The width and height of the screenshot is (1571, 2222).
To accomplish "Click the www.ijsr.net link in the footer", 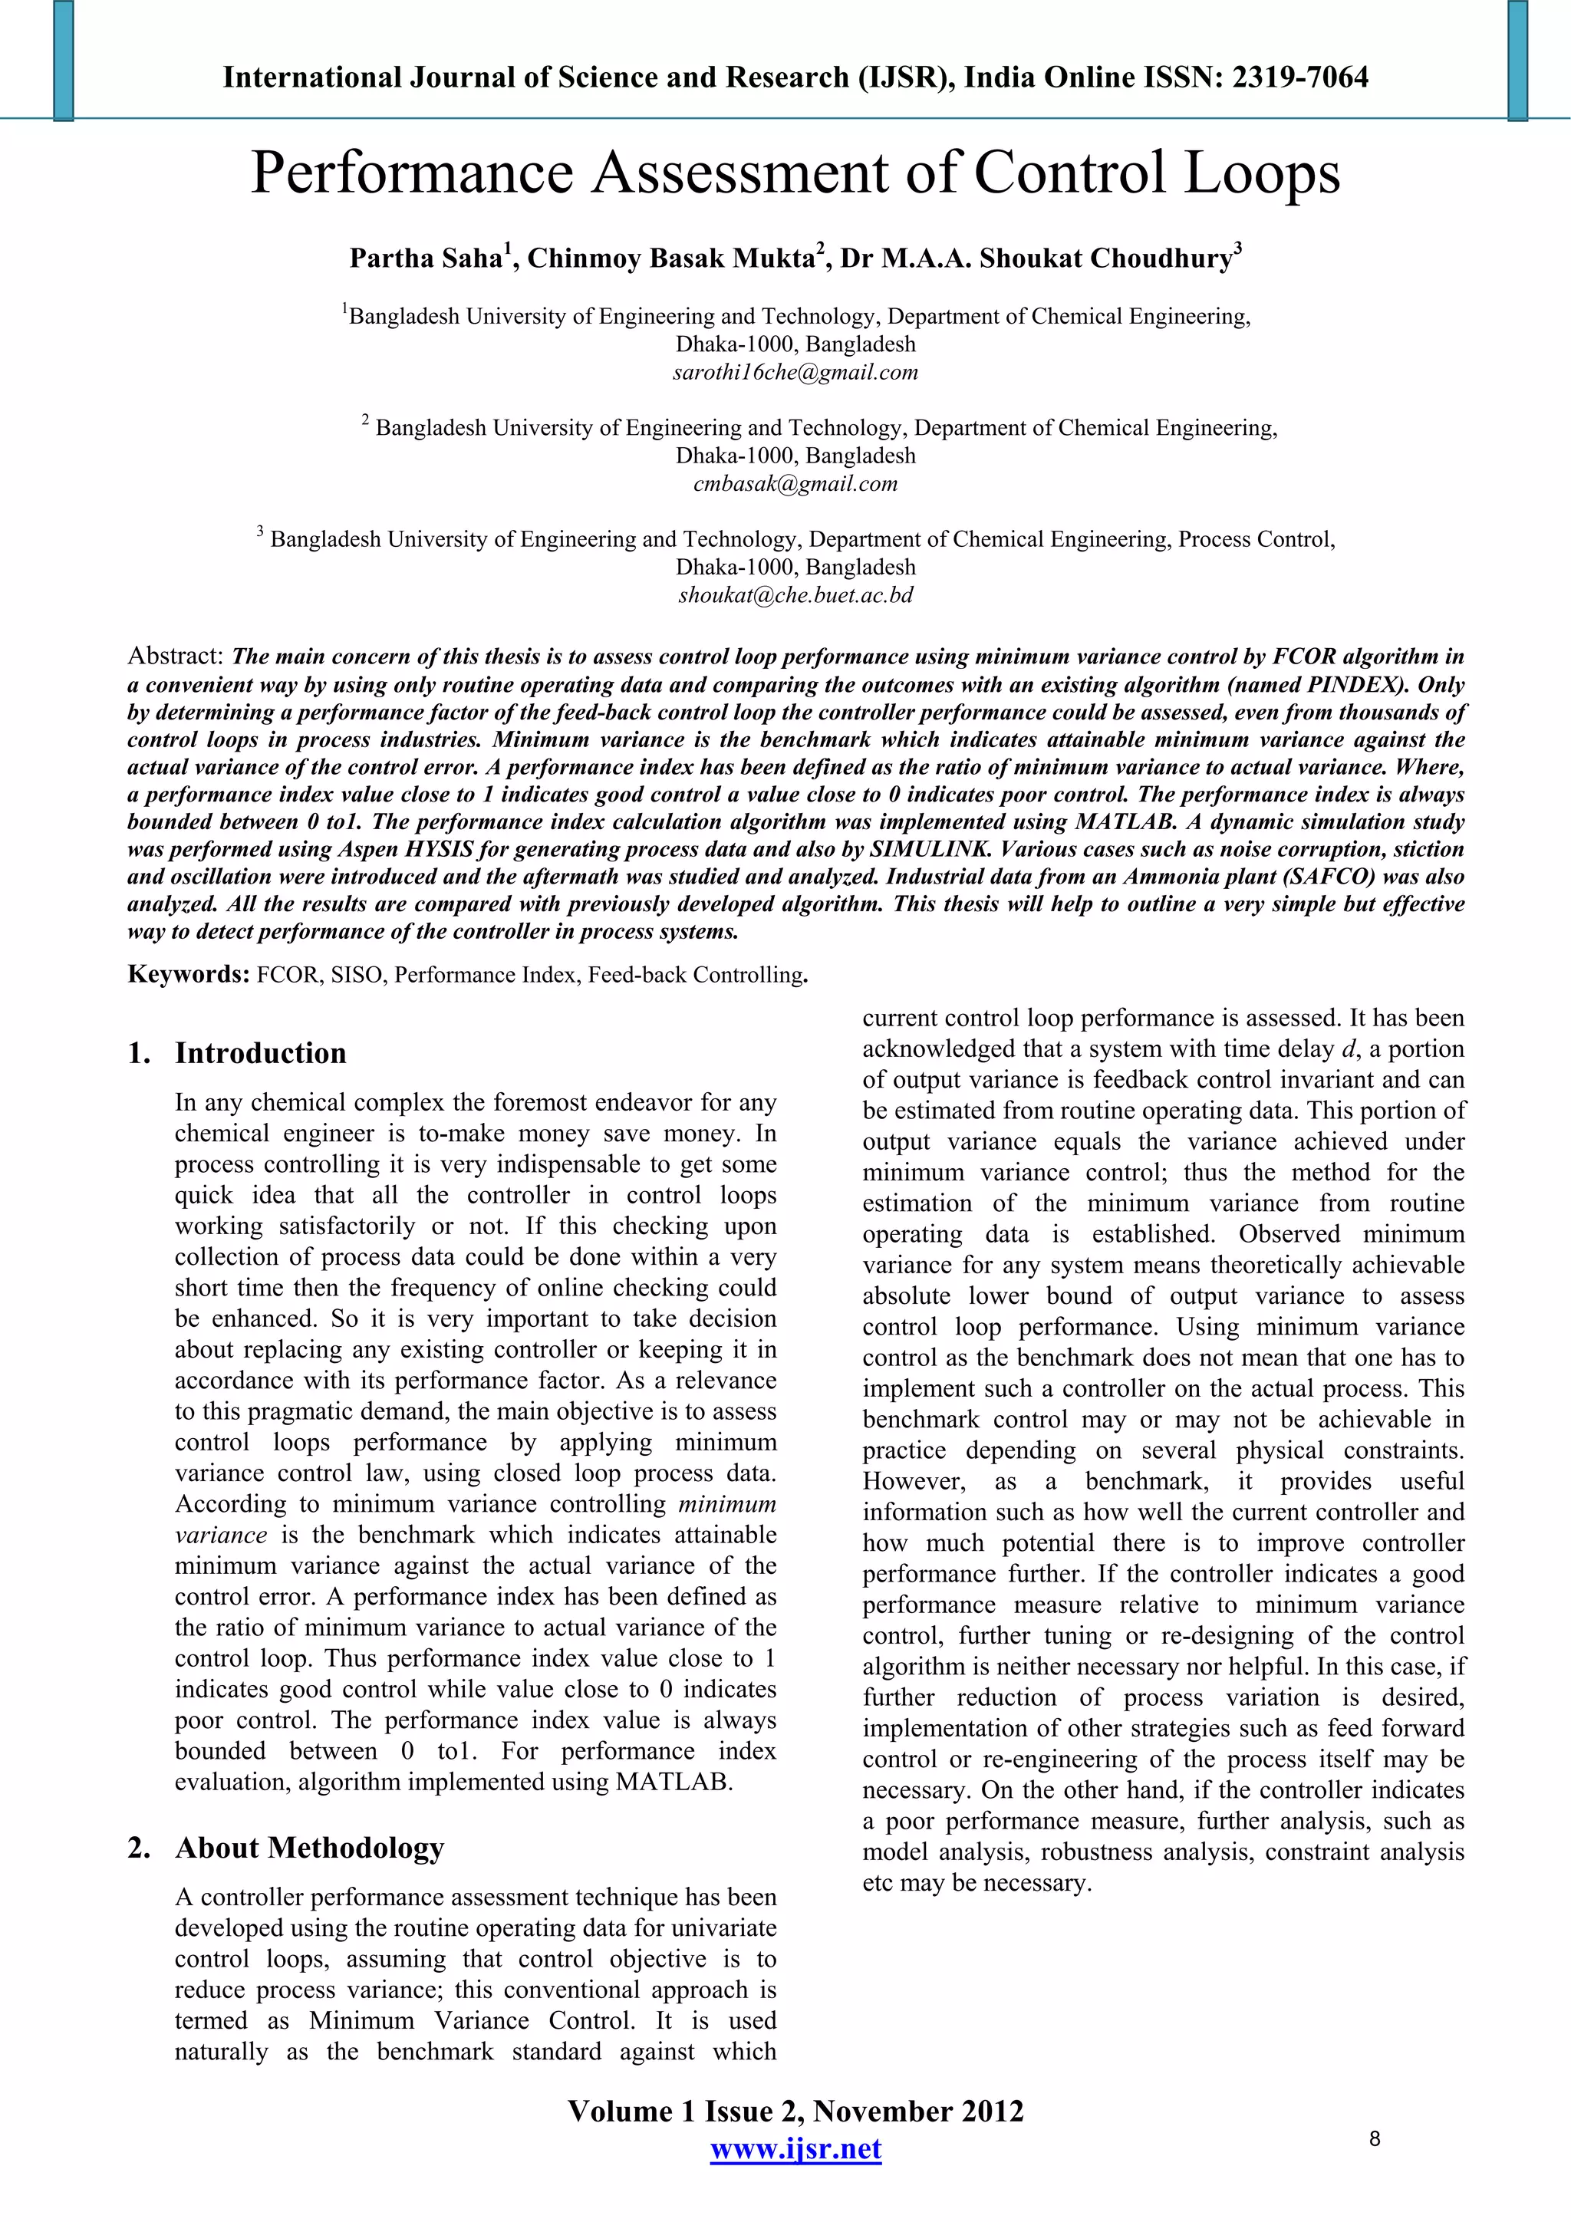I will pyautogui.click(x=795, y=2148).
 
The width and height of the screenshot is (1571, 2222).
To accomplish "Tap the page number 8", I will pyautogui.click(x=1375, y=2138).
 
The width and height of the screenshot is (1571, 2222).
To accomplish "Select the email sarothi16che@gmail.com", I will pyautogui.click(x=795, y=373).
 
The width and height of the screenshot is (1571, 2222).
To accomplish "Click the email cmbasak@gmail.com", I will pyautogui.click(x=795, y=484).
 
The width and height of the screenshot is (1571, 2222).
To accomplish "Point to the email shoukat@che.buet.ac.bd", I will pyautogui.click(x=795, y=595).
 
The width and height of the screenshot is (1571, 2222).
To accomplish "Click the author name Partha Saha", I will pyautogui.click(x=426, y=259).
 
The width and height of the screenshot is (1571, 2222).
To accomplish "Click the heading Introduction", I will pyautogui.click(x=260, y=1053).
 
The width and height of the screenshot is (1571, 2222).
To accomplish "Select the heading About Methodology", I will pyautogui.click(x=309, y=1848).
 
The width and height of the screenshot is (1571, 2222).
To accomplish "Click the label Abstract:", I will pyautogui.click(x=176, y=656).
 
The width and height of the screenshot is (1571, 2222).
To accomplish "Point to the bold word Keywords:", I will pyautogui.click(x=189, y=973).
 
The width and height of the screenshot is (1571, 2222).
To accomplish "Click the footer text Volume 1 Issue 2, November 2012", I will pyautogui.click(x=795, y=2111).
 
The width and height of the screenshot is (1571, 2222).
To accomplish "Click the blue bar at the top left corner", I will pyautogui.click(x=64, y=60).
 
